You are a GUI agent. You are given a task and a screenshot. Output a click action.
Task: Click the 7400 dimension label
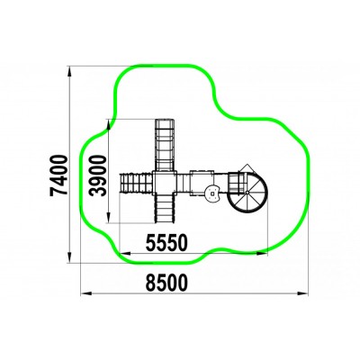pos(58,175)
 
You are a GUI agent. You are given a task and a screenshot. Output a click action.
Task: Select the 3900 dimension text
pos(98,175)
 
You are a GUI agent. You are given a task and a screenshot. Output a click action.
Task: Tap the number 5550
pos(166,243)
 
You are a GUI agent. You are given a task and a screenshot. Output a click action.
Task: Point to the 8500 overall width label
pos(166,283)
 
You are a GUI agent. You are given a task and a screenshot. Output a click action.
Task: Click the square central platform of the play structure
pos(165,183)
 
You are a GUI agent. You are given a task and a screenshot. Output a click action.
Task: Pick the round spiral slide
pos(247,192)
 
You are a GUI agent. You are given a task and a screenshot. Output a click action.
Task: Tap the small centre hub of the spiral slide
pos(247,192)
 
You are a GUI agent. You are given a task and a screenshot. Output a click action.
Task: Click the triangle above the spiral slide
pos(247,168)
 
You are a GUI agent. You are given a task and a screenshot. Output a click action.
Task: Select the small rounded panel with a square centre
pos(212,193)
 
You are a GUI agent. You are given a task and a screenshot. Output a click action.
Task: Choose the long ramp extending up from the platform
pos(165,145)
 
